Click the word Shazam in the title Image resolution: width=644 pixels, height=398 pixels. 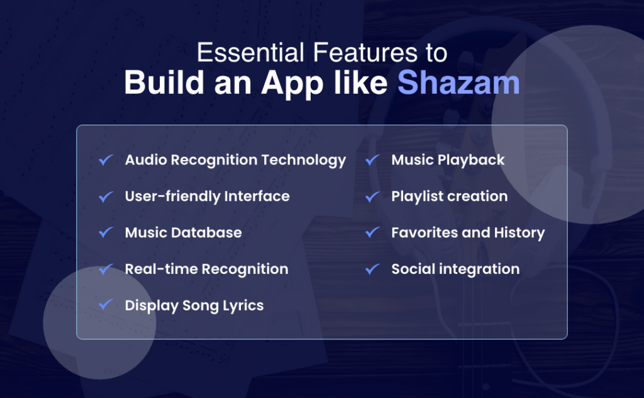coord(458,84)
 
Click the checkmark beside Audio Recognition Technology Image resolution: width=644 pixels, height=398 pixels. coord(106,161)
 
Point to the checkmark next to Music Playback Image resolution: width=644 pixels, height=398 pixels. coord(372,161)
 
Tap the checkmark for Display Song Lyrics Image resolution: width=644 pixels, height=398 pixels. coord(106,305)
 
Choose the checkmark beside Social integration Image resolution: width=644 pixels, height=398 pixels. coord(372,270)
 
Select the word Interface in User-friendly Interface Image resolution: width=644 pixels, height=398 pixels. coord(257,196)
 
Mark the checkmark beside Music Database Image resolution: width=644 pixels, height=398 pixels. coord(106,233)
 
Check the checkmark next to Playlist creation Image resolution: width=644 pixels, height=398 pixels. coord(372,197)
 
